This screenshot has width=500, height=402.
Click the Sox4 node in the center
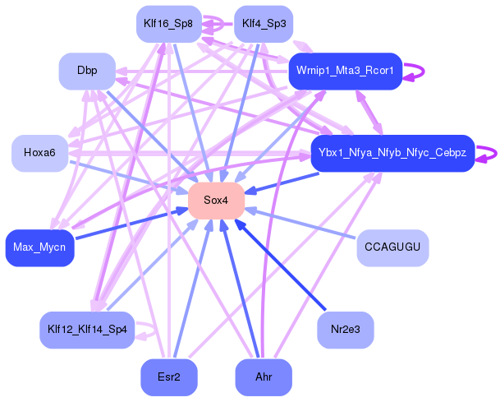point(217,201)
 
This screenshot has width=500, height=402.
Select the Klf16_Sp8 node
point(167,24)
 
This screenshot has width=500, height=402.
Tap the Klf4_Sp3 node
point(264,24)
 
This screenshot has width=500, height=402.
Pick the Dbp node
point(87,71)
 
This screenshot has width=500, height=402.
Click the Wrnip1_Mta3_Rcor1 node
point(345,72)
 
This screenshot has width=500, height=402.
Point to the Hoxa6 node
point(39,153)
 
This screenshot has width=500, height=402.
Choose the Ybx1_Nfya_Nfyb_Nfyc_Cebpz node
point(392,153)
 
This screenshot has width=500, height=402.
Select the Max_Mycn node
point(39,247)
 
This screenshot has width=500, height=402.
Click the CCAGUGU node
point(392,247)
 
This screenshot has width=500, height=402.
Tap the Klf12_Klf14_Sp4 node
point(87,330)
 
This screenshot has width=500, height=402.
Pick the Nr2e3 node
point(345,330)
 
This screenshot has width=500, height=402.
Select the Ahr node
point(264,377)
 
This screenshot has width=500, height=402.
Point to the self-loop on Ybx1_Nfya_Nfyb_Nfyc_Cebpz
point(492,153)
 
